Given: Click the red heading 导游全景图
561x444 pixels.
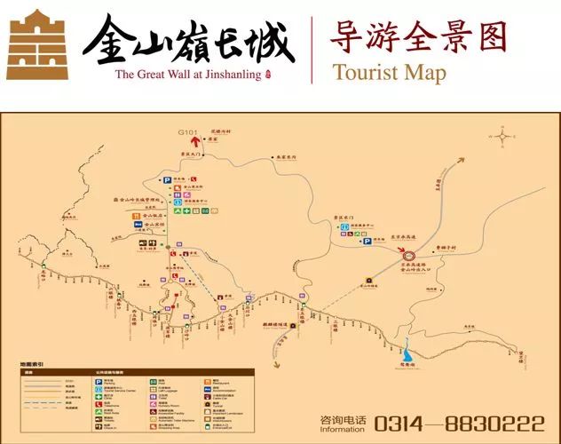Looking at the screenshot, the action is pos(417,36).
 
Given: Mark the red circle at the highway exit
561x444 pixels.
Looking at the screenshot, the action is pos(397,254).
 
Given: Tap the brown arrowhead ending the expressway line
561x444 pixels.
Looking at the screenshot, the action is pos(461,162).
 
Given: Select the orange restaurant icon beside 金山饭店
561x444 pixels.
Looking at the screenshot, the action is pos(136,215).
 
